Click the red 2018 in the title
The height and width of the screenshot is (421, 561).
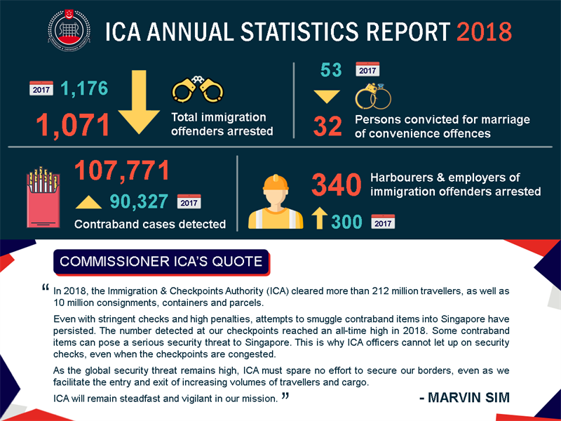[x=484, y=32]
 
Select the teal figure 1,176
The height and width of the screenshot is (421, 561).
[x=84, y=88]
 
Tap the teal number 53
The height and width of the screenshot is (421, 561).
[x=330, y=70]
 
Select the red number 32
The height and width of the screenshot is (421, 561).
[x=327, y=126]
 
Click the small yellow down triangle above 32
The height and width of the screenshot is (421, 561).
[x=327, y=97]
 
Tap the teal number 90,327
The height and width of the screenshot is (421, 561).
[x=139, y=202]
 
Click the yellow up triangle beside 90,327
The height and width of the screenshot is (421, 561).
[x=88, y=203]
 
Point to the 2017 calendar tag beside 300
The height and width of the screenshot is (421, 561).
[x=383, y=222]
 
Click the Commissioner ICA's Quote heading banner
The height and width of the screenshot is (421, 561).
[x=161, y=262]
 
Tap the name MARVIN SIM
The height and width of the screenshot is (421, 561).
[x=464, y=398]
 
